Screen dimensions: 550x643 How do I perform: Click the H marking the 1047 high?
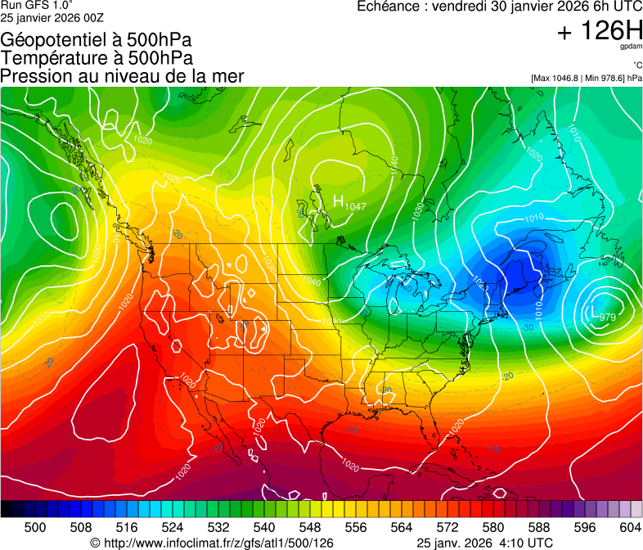click(338, 200)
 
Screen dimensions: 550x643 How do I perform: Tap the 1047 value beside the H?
click(355, 205)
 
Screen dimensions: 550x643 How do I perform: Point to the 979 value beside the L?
click(607, 317)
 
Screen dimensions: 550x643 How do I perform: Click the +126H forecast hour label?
click(600, 32)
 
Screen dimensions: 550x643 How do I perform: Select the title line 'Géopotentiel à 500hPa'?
click(97, 40)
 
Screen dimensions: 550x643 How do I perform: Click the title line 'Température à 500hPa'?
click(97, 58)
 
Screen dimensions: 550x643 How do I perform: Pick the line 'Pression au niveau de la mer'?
click(122, 76)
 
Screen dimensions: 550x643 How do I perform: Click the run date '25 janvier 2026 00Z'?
click(52, 17)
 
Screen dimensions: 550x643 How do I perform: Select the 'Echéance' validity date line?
click(500, 7)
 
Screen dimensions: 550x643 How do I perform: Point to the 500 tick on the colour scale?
click(35, 526)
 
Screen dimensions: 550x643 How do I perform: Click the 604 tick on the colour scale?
click(631, 526)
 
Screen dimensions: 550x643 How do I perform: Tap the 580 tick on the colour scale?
click(493, 526)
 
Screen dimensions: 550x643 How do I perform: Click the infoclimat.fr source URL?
click(212, 543)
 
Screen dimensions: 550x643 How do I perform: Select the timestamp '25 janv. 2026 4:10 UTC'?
click(484, 543)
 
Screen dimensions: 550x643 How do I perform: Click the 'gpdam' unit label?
click(631, 47)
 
